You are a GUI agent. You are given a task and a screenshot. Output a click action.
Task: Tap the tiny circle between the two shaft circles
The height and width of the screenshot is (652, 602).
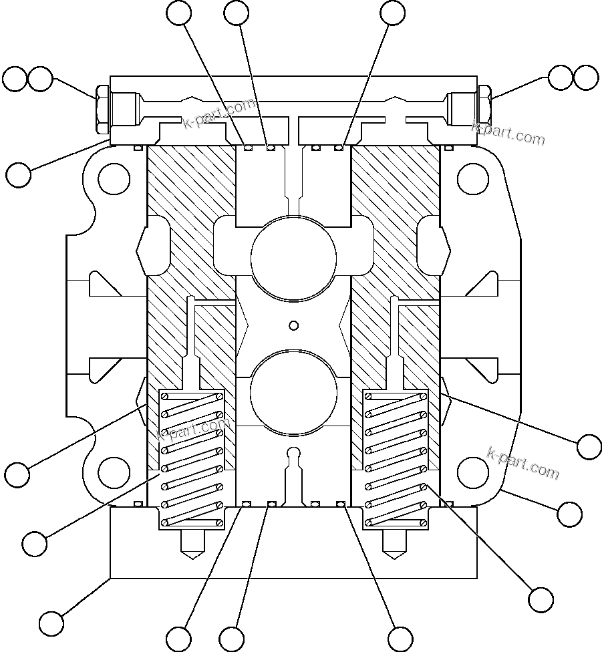(x=293, y=325)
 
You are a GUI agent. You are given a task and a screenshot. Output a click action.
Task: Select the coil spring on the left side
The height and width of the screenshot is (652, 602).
(x=192, y=458)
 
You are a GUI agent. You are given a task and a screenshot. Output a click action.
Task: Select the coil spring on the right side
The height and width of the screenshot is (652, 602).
(x=394, y=458)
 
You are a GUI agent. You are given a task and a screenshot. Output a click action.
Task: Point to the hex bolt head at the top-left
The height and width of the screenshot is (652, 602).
(x=102, y=110)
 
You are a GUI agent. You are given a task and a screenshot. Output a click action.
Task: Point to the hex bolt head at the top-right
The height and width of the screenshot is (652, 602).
(x=485, y=110)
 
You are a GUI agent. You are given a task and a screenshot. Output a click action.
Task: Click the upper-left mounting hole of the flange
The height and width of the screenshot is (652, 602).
(x=113, y=178)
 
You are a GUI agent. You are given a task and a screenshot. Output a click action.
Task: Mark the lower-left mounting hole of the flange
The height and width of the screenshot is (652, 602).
(x=114, y=472)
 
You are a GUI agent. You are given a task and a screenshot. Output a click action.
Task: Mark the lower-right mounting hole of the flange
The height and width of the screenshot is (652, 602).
(x=472, y=472)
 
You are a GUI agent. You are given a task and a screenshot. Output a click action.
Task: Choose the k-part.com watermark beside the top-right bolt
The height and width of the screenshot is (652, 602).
(x=508, y=134)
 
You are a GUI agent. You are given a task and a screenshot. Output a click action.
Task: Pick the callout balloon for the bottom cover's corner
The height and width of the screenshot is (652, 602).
(x=51, y=623)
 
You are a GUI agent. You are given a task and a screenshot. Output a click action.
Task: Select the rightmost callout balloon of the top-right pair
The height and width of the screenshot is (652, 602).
(x=586, y=77)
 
